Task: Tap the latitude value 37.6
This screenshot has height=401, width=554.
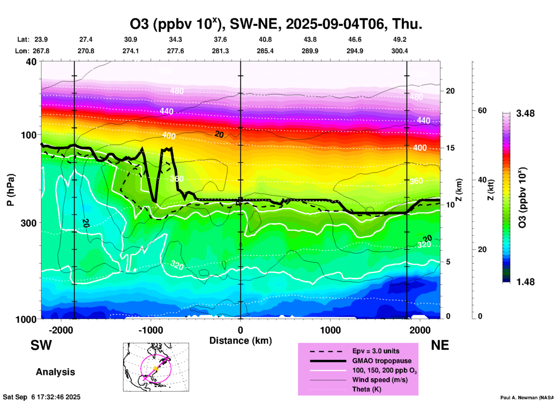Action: tap(220, 39)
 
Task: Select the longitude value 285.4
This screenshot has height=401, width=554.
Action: tap(265, 51)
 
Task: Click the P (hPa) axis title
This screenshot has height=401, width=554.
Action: tap(11, 190)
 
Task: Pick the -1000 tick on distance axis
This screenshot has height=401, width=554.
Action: tap(150, 330)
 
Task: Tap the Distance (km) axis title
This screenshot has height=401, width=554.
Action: tap(240, 341)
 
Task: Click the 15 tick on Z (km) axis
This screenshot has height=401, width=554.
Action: tap(450, 148)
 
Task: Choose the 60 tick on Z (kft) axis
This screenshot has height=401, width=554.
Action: tap(482, 110)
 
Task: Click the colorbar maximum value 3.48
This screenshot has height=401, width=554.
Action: tap(525, 114)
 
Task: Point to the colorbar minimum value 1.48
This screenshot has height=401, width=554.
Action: tap(525, 282)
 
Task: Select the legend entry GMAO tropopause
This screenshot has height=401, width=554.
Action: tap(382, 361)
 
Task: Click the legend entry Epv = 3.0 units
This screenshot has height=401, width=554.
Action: tap(376, 351)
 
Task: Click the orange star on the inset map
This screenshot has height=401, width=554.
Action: tap(156, 368)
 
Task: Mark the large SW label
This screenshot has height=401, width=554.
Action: tap(41, 345)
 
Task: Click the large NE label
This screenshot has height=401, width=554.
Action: tap(440, 345)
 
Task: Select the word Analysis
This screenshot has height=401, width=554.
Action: tap(55, 372)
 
